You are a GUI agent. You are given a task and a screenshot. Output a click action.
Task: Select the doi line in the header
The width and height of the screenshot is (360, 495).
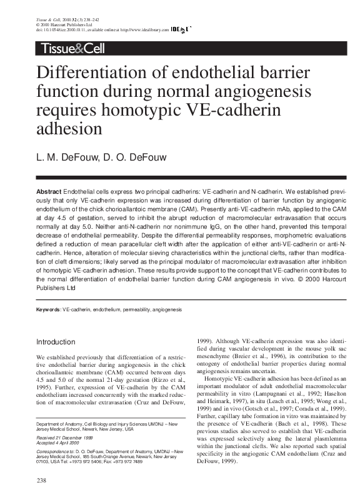[100, 29]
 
